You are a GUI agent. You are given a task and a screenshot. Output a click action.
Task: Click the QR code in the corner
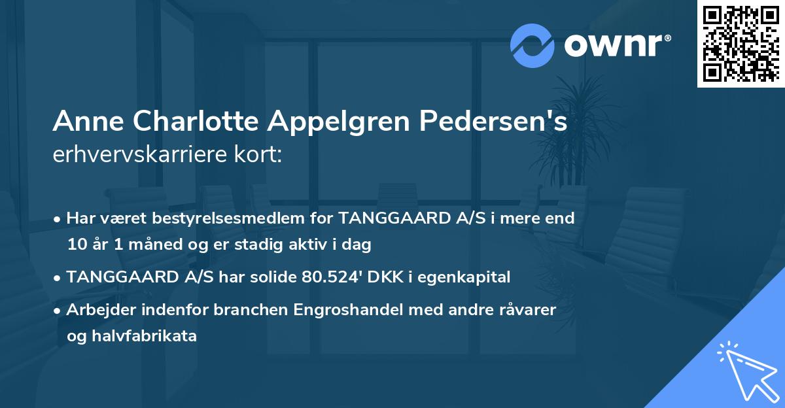[x=741, y=44]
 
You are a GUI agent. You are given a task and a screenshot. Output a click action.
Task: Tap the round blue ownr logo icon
[x=532, y=45]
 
